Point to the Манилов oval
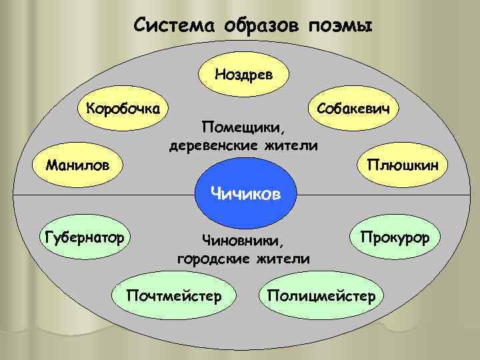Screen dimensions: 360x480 (73, 164)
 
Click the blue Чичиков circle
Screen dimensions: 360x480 (245, 194)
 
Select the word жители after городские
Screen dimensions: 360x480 (283, 258)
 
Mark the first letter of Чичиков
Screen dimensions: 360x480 (215, 193)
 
